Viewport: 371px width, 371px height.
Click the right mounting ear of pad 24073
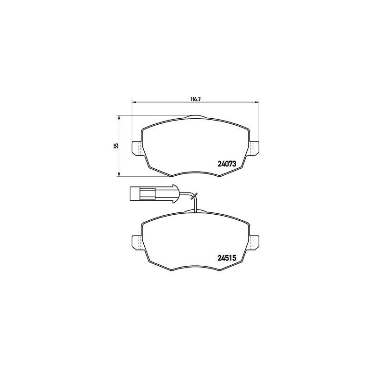pyautogui.click(x=255, y=148)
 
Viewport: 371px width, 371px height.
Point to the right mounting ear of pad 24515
pyautogui.click(x=255, y=242)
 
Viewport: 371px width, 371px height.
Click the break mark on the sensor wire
pyautogui.click(x=195, y=196)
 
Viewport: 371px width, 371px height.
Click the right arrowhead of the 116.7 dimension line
pyautogui.click(x=256, y=102)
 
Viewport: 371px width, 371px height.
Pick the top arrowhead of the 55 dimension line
pyautogui.click(x=120, y=118)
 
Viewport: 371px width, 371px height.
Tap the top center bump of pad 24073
pyautogui.click(x=195, y=117)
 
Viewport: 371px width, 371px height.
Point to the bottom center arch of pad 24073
pyautogui.click(x=195, y=173)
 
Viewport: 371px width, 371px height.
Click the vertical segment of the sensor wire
pyautogui.click(x=196, y=204)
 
